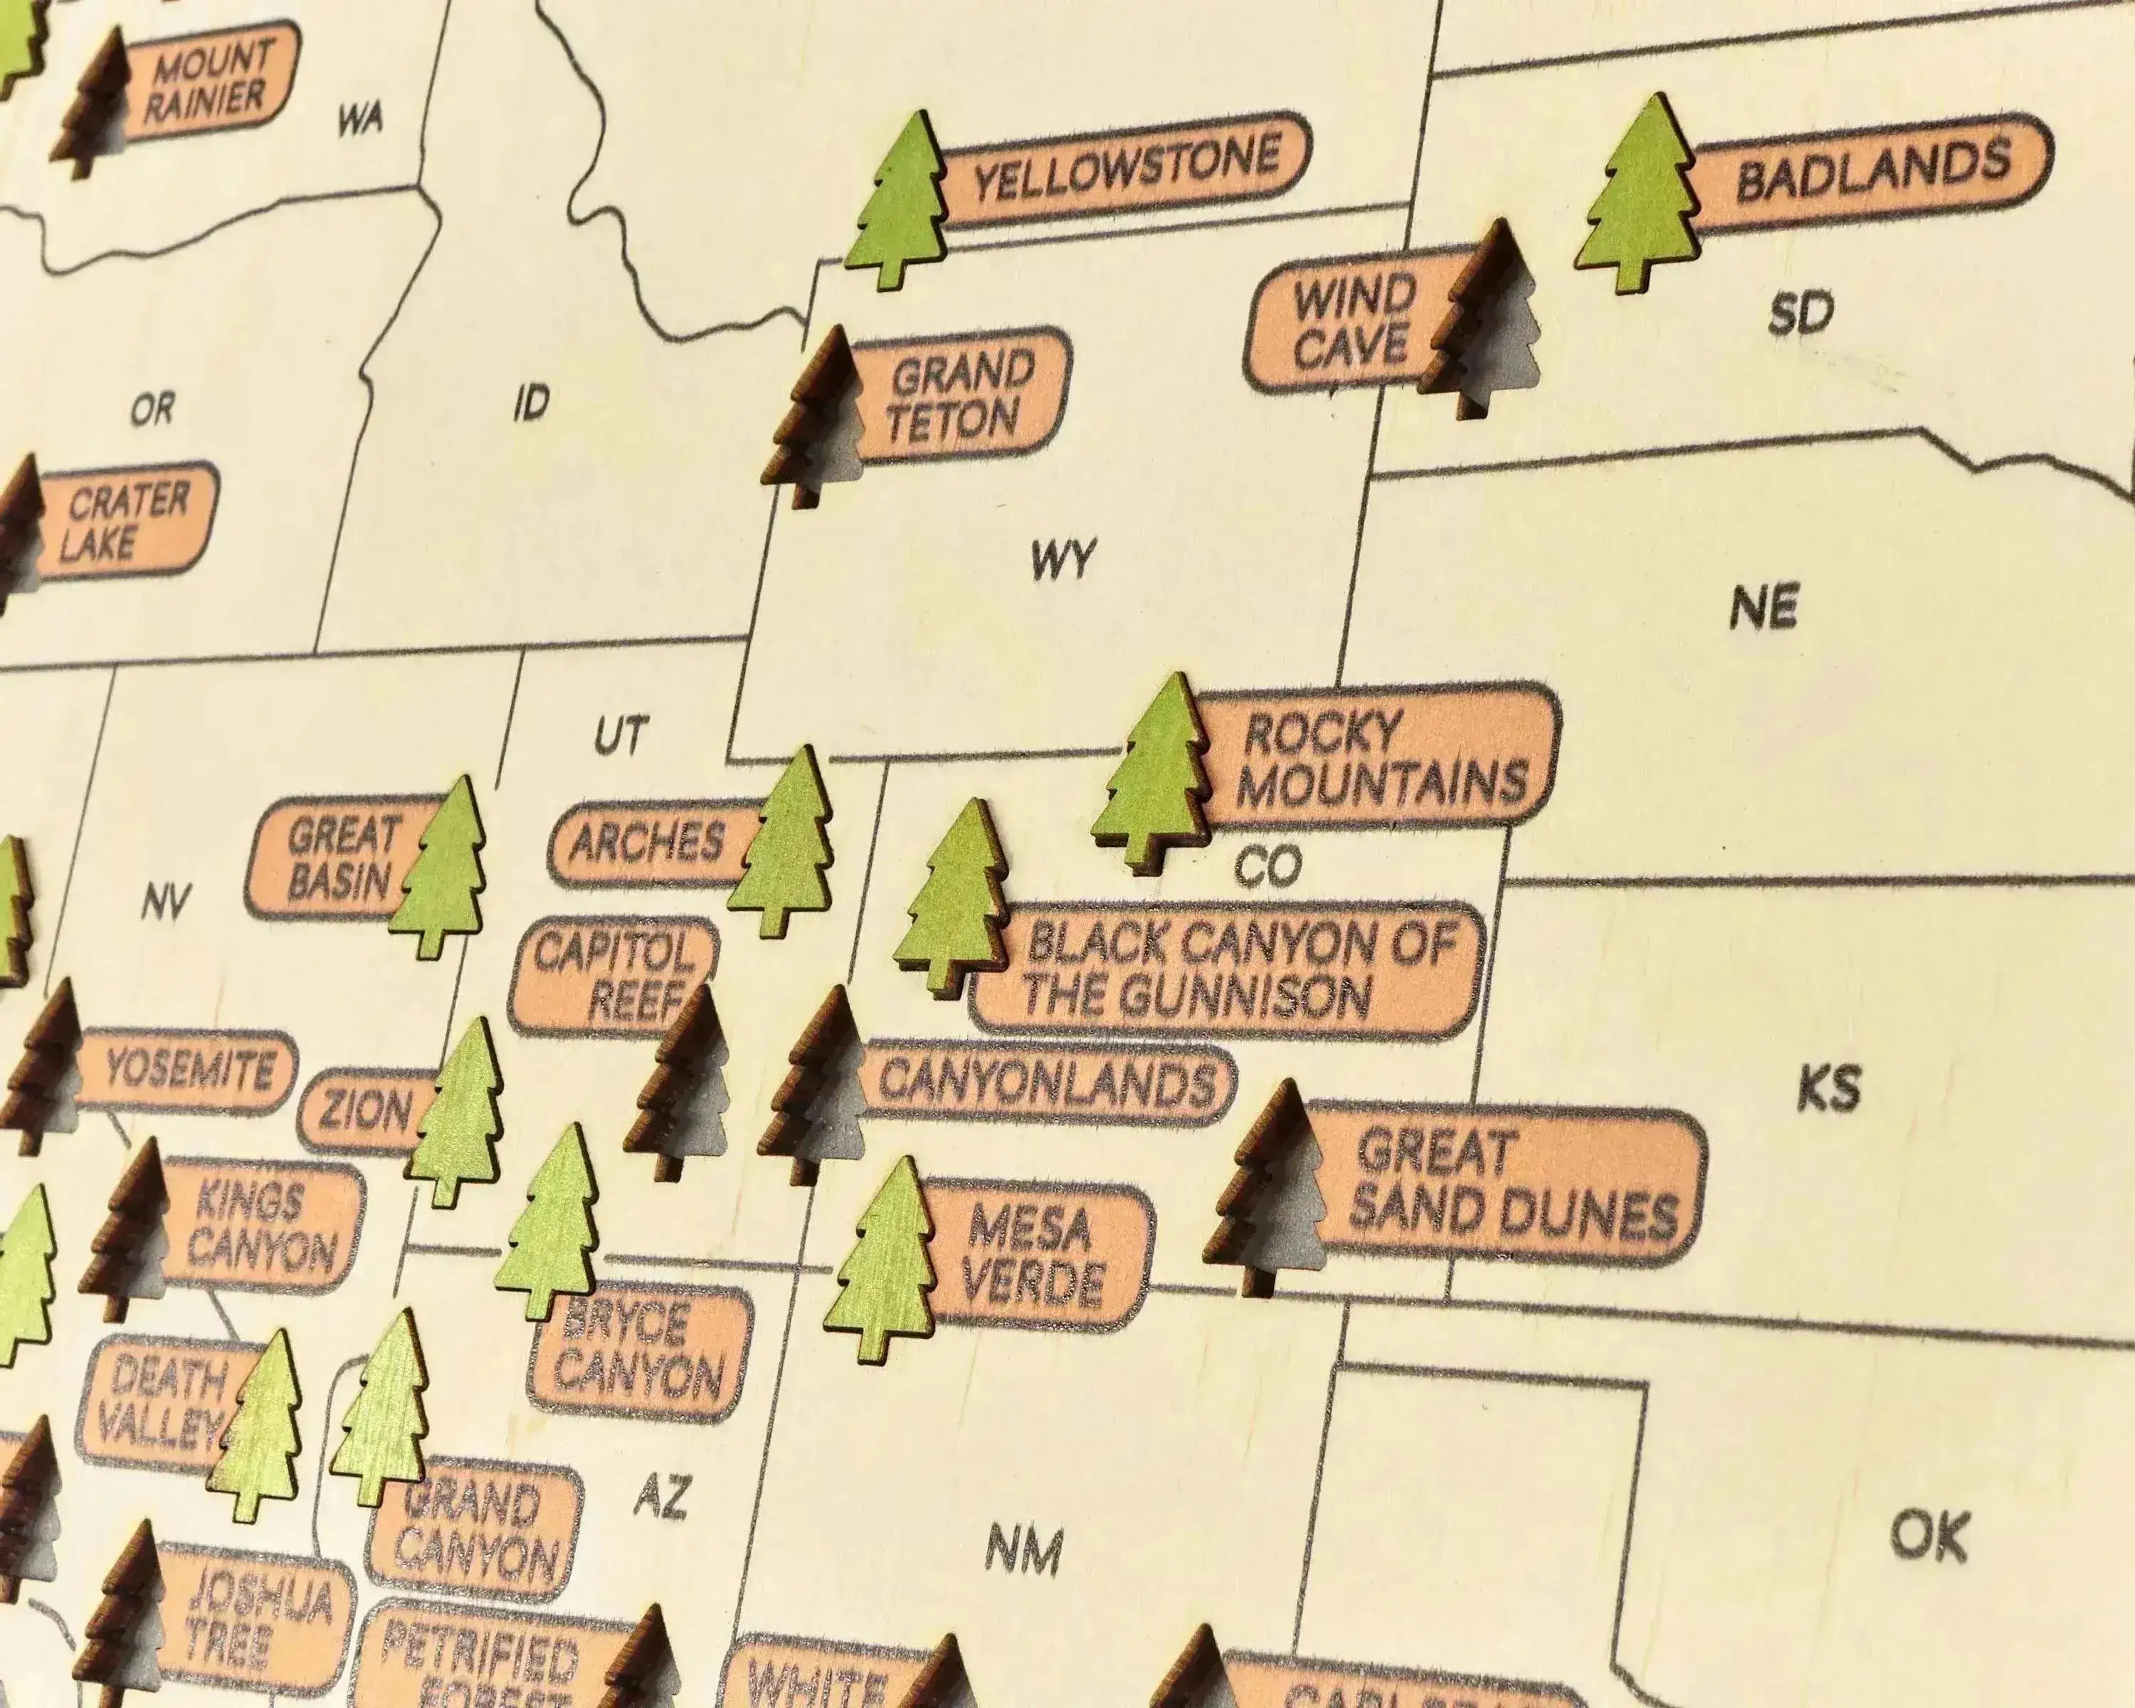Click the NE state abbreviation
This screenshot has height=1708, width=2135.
coord(1764,606)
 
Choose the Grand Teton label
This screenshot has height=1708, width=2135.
coord(959,396)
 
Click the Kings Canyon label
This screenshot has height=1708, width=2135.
coord(260,1228)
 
